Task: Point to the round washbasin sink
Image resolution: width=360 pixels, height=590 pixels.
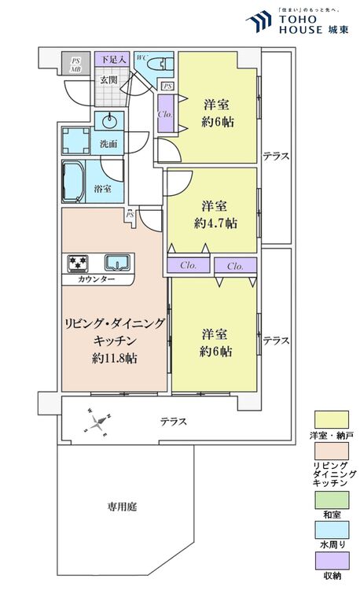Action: (x=108, y=121)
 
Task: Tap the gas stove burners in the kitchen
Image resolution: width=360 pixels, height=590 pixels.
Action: (x=79, y=262)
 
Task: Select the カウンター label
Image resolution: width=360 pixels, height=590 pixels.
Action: (x=97, y=279)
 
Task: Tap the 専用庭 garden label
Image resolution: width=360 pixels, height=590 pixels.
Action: (x=122, y=507)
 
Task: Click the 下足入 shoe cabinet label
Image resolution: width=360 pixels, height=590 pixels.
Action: (x=108, y=59)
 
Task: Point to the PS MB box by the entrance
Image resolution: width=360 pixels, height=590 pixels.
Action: (x=76, y=64)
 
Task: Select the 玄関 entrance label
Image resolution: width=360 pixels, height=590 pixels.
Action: (x=108, y=80)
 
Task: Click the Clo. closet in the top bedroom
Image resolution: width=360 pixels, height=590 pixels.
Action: (x=166, y=112)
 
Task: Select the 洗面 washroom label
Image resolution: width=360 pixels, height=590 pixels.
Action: (x=108, y=144)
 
